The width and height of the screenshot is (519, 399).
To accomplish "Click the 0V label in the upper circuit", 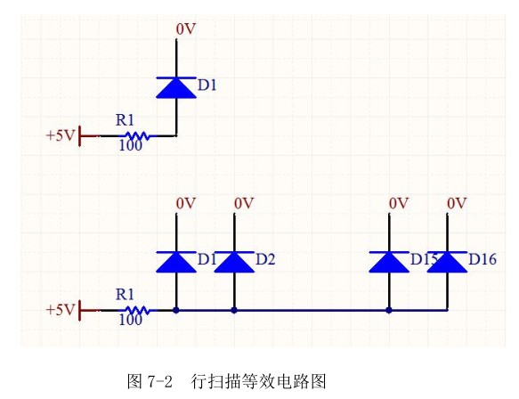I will [185, 29].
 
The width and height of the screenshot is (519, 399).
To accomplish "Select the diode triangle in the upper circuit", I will [176, 86].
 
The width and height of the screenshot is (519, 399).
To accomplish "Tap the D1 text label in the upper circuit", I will [207, 85].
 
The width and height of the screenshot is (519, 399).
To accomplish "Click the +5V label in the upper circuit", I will [60, 136].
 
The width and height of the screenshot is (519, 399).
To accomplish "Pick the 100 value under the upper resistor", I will [130, 147].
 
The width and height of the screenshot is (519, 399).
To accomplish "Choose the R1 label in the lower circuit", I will [126, 294].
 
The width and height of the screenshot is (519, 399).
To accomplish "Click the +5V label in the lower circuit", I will [60, 310].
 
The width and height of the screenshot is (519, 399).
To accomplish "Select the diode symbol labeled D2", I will [234, 261].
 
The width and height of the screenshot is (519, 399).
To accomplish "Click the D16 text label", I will [482, 259].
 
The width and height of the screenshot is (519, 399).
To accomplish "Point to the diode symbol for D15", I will [389, 261].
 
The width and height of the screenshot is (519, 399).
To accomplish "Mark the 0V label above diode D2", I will [244, 204].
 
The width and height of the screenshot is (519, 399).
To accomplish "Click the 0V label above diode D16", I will [457, 204].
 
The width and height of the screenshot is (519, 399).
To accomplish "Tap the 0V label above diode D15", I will [398, 204].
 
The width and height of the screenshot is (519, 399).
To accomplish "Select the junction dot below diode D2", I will [234, 310].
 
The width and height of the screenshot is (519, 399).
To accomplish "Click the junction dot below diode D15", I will [389, 310].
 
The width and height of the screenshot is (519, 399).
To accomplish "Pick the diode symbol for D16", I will [447, 261].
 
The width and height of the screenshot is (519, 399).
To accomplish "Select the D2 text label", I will [265, 259].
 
